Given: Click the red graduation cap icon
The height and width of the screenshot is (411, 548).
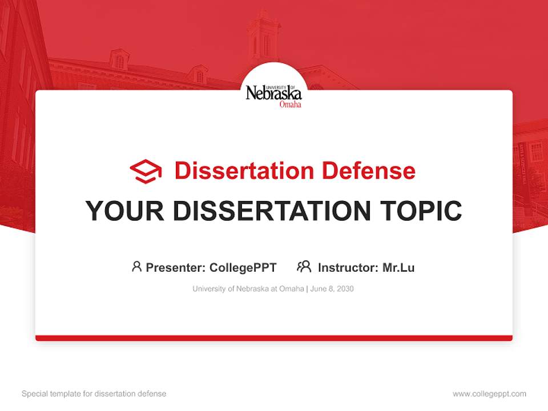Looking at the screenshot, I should (x=146, y=171).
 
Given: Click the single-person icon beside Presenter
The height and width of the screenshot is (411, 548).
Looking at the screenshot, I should (x=136, y=267).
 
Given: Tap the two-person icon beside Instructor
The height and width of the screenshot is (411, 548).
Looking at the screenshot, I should (x=304, y=267).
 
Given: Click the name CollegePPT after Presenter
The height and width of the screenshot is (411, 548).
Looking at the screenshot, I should (x=243, y=268).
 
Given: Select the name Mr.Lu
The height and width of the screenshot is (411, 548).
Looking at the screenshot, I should (x=398, y=268).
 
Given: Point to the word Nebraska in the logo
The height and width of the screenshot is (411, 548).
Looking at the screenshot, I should (x=273, y=94).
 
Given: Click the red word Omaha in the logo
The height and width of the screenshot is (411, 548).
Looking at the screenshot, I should (x=290, y=104).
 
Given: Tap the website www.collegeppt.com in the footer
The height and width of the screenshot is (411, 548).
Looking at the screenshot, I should (x=489, y=394).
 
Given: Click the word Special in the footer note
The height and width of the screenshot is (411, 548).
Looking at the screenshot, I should (x=34, y=394).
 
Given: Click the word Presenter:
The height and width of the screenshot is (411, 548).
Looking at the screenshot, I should (x=176, y=268).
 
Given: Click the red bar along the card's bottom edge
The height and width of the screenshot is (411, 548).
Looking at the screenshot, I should (x=274, y=338).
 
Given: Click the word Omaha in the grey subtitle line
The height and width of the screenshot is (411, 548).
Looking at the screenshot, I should (x=291, y=289).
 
